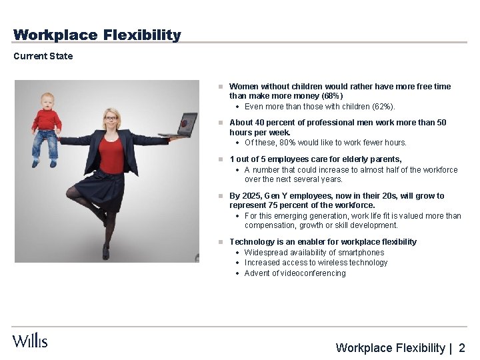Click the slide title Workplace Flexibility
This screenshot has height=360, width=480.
pos(97,35)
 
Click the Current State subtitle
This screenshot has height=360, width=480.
pos(43,56)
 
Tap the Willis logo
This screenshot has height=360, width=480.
pos(30,341)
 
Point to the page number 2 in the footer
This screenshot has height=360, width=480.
pos(462,347)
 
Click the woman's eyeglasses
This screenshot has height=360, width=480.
pos(111,119)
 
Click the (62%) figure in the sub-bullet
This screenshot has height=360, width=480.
pos(382,107)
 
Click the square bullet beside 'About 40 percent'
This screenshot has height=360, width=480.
pos(220,123)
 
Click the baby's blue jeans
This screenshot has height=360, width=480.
pos(45,144)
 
